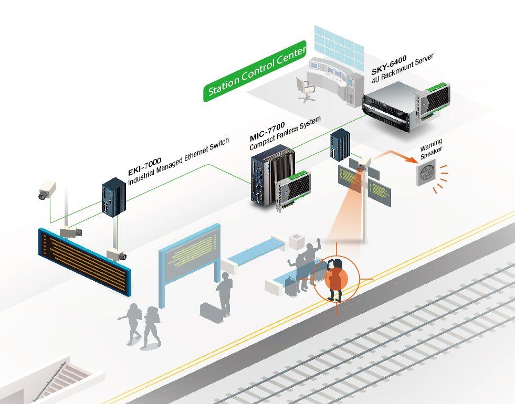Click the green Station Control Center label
pos(255,71)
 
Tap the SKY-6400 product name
pos(389,65)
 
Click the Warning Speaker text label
pos(432,150)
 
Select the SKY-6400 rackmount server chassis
pos(406,105)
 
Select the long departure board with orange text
pos(85,262)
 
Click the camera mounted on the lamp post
pos(364,163)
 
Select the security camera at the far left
pos(47,189)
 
